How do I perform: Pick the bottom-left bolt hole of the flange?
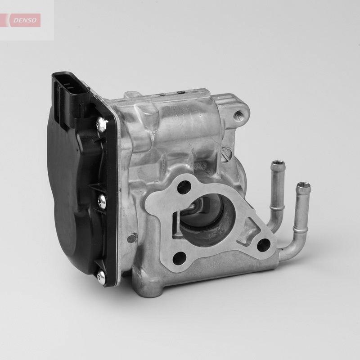180,258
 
